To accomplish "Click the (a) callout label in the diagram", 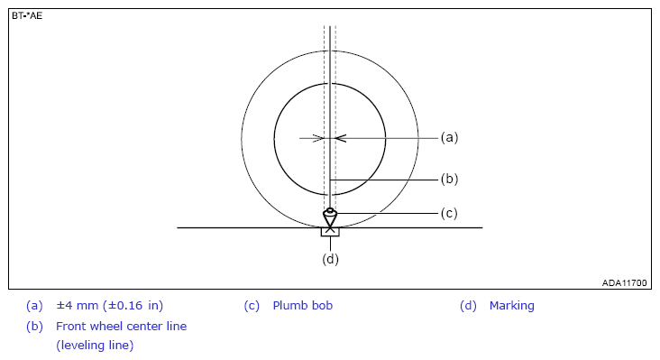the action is point(449,138).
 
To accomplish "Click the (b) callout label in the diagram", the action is point(449,179).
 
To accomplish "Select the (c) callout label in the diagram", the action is point(449,214).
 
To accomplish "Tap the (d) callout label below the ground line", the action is point(330,259).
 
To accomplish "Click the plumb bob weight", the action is point(330,217).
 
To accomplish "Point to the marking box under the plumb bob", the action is point(330,232).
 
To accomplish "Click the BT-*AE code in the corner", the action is point(27,16).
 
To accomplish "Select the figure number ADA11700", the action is point(624,283).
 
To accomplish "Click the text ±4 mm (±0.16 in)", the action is point(110,306).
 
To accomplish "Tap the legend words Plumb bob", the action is point(303,306).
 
